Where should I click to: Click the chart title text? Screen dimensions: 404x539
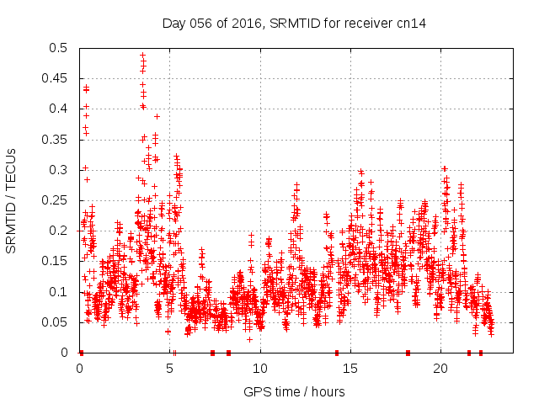(x=294, y=24)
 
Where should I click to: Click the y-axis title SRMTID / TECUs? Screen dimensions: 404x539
(x=12, y=200)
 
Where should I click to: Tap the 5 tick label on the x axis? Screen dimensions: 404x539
(x=170, y=369)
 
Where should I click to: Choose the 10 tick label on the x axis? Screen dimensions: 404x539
(x=260, y=369)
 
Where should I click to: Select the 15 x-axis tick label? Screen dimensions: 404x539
(x=350, y=369)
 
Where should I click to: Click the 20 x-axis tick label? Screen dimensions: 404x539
(x=440, y=369)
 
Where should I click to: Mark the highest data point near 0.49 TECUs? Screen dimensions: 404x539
(x=142, y=56)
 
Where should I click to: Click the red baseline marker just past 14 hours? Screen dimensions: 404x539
(x=337, y=353)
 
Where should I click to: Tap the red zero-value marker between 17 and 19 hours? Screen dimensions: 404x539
(x=408, y=353)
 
